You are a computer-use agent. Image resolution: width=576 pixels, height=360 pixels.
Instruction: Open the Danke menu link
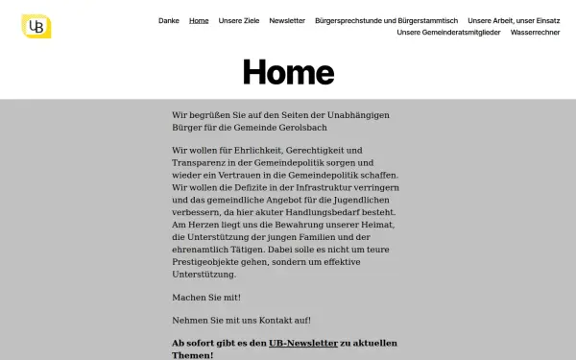(x=169, y=20)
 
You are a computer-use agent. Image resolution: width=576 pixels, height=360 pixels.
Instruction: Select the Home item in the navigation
(x=199, y=20)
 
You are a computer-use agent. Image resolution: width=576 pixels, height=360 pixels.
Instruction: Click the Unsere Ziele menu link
(x=239, y=20)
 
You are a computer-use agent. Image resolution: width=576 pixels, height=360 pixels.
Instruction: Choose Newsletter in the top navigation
(x=287, y=20)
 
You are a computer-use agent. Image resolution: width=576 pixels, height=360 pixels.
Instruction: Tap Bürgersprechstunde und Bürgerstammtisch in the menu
(x=386, y=20)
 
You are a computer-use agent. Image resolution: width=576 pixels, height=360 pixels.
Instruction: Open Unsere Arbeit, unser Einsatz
(x=514, y=20)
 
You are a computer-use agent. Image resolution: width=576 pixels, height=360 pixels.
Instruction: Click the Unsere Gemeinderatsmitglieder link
(x=449, y=32)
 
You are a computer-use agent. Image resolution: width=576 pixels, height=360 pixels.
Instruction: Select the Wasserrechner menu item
(x=536, y=32)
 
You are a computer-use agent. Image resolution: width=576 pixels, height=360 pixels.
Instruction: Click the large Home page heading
(x=288, y=72)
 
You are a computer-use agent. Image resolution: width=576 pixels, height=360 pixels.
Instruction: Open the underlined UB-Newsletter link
(x=303, y=343)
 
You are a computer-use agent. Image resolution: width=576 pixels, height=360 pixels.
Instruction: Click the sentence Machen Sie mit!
(x=206, y=297)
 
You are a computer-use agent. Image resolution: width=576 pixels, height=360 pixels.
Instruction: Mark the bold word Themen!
(x=193, y=354)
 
